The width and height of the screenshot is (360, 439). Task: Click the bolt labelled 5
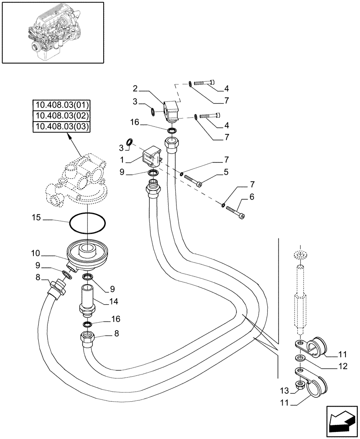[193, 181]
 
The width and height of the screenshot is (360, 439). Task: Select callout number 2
[136, 89]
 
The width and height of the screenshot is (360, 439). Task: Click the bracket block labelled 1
[153, 156]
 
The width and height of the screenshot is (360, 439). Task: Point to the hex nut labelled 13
[301, 386]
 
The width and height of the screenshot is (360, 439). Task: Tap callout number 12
[343, 367]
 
